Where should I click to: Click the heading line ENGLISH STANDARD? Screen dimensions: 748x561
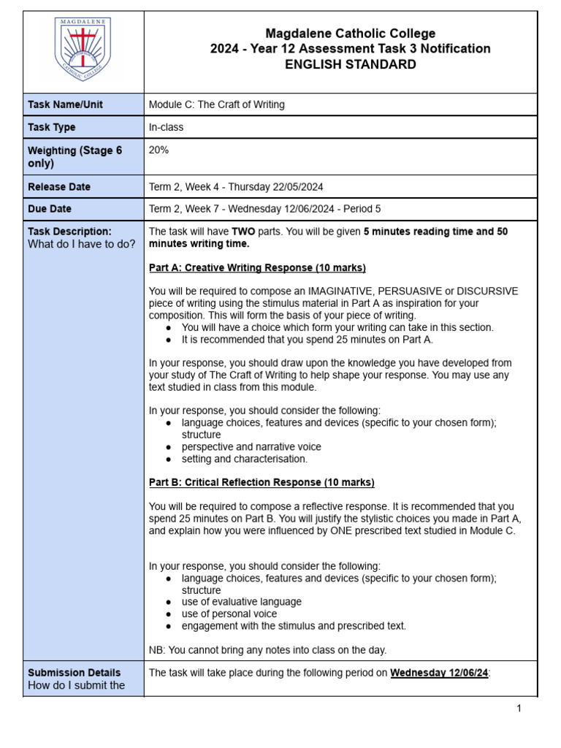350,64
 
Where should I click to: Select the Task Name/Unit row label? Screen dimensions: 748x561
65,104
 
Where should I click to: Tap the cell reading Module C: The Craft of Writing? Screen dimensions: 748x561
216,104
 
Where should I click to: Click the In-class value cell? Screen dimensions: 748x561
166,127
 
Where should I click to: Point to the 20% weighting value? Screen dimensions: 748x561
159,149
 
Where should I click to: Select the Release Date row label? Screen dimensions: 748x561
59,186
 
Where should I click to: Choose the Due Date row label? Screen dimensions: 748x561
50,209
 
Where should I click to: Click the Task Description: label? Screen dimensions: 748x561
69,232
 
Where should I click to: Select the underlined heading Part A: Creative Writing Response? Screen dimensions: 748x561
257,267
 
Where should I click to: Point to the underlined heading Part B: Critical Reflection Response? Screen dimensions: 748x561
261,482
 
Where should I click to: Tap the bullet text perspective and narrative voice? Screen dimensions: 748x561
251,446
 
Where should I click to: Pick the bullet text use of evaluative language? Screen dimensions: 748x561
241,602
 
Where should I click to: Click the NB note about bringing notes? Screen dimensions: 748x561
267,649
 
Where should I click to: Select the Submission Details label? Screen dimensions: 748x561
74,673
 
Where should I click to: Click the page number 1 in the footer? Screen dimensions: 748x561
519,709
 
